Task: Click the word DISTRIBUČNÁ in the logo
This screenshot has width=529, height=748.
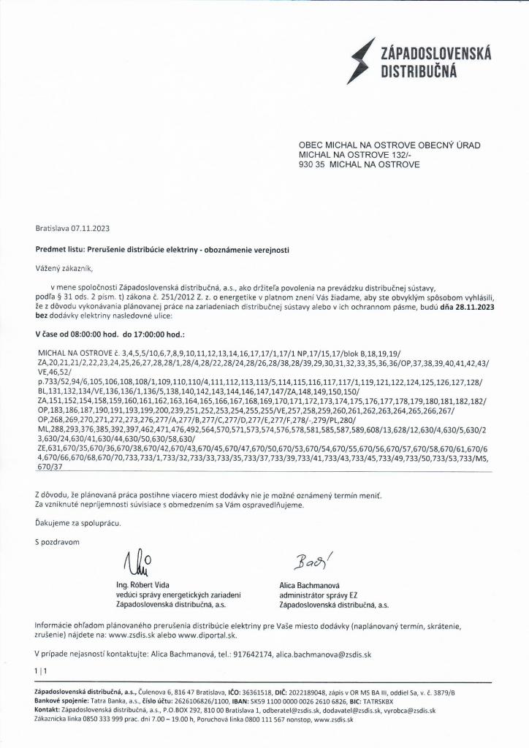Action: (418, 71)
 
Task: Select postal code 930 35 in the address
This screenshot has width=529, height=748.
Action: (311, 165)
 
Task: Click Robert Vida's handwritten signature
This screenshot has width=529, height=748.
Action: (138, 562)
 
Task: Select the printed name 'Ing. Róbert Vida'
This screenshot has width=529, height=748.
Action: (145, 585)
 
